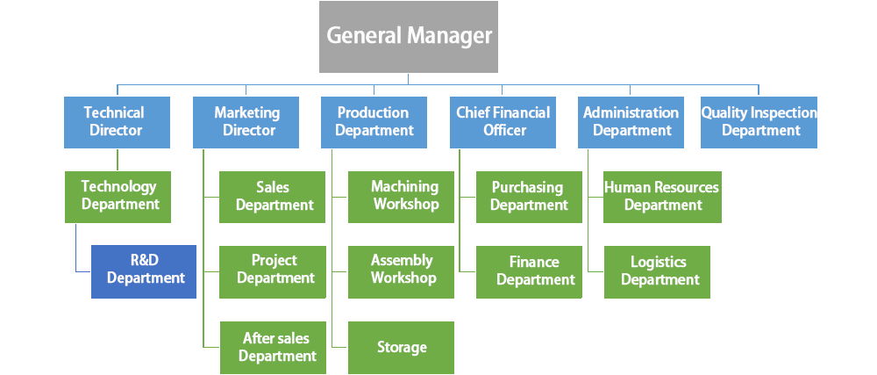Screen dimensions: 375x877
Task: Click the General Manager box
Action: click(x=408, y=37)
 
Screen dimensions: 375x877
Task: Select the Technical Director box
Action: click(x=114, y=122)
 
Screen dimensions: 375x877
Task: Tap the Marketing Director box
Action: click(x=246, y=122)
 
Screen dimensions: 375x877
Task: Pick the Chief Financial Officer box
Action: click(x=503, y=122)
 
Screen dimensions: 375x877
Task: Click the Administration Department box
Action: click(x=631, y=122)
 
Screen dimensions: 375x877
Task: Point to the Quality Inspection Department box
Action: click(x=759, y=122)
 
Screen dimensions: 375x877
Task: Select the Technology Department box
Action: click(x=118, y=196)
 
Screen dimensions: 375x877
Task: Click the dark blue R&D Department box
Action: click(x=144, y=271)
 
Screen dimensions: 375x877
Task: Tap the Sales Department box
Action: click(x=273, y=197)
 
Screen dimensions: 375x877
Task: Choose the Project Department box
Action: click(x=273, y=270)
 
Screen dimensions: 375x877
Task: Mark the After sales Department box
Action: click(x=273, y=348)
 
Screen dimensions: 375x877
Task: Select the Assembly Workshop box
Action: click(x=402, y=270)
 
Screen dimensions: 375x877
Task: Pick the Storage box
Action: click(x=402, y=348)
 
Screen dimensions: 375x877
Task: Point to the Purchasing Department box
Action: click(x=529, y=197)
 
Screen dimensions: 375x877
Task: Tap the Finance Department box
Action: click(x=529, y=271)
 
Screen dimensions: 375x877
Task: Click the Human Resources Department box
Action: click(x=662, y=197)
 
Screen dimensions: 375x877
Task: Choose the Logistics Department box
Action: click(x=658, y=271)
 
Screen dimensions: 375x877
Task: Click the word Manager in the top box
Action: click(x=449, y=37)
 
